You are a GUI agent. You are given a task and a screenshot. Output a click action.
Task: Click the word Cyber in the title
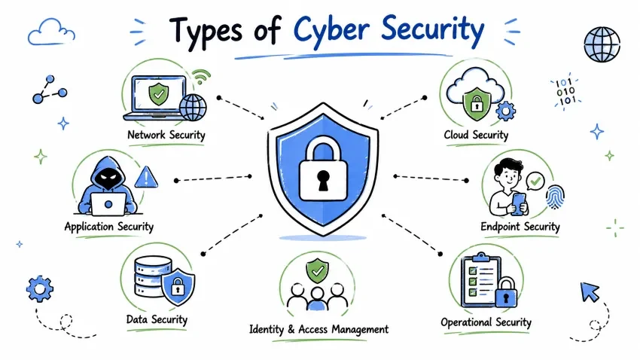(333, 30)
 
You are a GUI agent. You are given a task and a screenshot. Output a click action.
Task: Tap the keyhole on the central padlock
(323, 181)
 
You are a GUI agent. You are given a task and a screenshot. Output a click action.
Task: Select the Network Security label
(166, 135)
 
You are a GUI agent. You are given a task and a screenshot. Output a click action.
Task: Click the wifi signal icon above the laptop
(201, 76)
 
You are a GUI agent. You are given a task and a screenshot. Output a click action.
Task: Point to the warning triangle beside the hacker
(146, 177)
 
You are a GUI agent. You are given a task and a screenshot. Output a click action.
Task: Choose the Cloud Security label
(476, 135)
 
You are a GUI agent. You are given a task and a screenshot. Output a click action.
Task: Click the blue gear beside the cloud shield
(506, 111)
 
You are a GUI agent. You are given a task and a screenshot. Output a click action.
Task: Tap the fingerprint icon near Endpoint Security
(555, 197)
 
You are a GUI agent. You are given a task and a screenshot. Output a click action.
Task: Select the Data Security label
(157, 319)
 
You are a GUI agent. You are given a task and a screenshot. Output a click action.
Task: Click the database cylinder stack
(152, 276)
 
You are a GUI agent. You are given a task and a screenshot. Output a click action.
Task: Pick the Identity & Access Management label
(318, 329)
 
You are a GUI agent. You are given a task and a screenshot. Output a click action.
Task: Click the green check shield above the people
(318, 270)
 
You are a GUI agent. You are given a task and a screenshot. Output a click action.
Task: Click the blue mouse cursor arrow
(590, 291)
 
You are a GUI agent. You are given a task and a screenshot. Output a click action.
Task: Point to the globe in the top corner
(602, 44)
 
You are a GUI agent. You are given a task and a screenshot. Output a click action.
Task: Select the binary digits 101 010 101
(565, 91)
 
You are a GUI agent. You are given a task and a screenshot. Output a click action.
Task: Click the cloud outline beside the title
(51, 32)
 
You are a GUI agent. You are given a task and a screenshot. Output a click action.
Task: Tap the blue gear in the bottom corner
(40, 289)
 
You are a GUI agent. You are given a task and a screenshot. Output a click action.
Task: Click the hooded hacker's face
(108, 177)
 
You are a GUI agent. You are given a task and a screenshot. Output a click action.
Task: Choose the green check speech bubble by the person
(535, 181)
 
